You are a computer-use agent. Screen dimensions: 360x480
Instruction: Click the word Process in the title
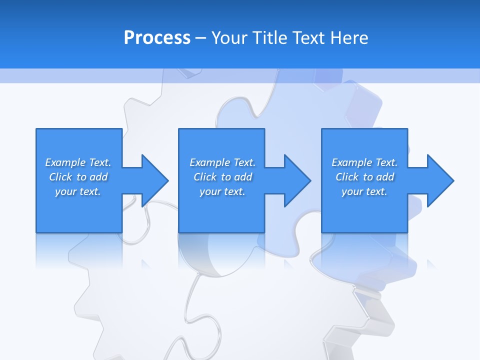pos(157,37)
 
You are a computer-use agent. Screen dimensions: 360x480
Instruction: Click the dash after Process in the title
pos(201,38)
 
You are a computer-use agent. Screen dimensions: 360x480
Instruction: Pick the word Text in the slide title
pos(308,37)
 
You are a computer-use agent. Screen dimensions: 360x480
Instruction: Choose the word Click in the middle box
pos(205,177)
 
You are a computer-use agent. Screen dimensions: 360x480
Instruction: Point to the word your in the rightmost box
pos(352,191)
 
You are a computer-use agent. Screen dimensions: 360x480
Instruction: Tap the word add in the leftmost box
pos(98,177)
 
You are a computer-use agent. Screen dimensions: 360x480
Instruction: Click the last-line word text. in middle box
pos(233,191)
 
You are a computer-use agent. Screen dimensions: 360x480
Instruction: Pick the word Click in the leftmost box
pos(60,177)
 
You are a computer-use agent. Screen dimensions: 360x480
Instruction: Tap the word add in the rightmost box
pos(385,177)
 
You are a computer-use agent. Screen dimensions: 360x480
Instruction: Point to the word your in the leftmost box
pos(66,191)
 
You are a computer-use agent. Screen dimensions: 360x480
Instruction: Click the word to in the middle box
pos(225,177)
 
